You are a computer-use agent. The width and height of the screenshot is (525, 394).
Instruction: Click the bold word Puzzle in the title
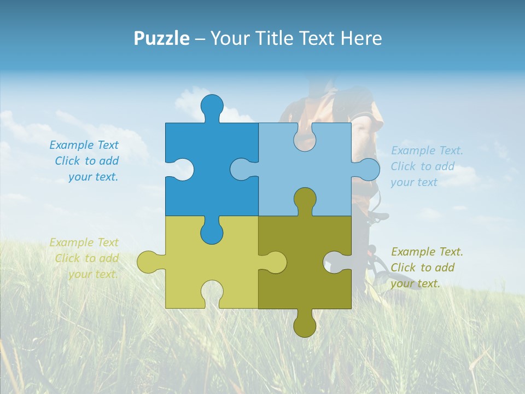click(161, 38)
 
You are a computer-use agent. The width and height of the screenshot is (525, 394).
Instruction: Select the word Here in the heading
click(361, 38)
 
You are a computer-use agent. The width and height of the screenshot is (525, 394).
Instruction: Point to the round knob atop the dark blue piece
click(212, 106)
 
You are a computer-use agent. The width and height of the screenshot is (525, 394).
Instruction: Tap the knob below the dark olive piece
click(305, 326)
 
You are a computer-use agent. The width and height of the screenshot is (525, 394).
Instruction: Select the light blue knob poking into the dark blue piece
click(241, 169)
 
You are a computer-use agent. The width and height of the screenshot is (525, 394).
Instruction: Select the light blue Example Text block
click(427, 166)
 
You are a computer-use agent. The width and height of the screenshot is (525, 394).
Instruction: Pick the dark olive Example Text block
click(427, 268)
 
